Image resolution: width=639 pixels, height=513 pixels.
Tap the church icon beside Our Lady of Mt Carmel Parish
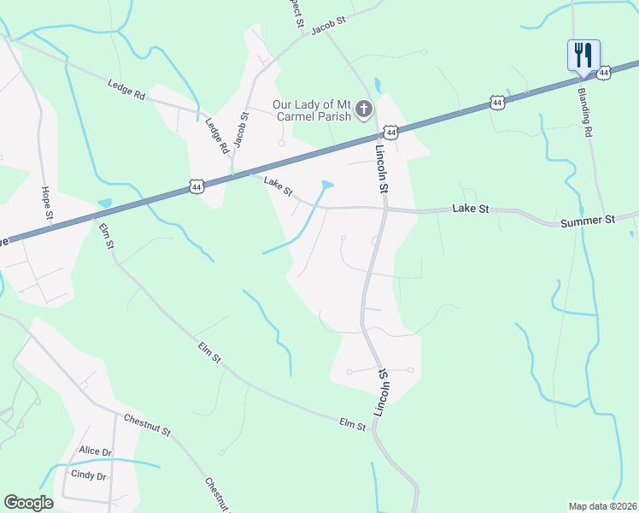point(364,109)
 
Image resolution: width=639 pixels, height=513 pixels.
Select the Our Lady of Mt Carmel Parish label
point(312,110)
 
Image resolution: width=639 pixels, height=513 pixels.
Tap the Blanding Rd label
point(585,112)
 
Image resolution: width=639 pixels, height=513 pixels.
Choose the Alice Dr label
point(95,451)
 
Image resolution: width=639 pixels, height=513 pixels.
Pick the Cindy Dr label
point(88,475)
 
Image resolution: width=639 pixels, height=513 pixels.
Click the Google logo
point(28,502)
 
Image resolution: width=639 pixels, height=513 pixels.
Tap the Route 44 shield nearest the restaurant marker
point(605,74)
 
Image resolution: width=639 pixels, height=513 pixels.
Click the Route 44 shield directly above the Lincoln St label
point(390,133)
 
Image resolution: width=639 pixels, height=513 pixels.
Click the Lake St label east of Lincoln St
point(470,209)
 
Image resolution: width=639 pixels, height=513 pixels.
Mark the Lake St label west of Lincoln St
point(278,183)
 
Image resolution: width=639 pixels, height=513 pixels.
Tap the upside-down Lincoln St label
point(385,386)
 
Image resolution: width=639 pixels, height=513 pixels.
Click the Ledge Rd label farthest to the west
point(126,88)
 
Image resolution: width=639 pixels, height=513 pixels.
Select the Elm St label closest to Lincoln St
point(352,423)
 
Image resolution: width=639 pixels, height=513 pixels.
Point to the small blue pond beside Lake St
point(326,185)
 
